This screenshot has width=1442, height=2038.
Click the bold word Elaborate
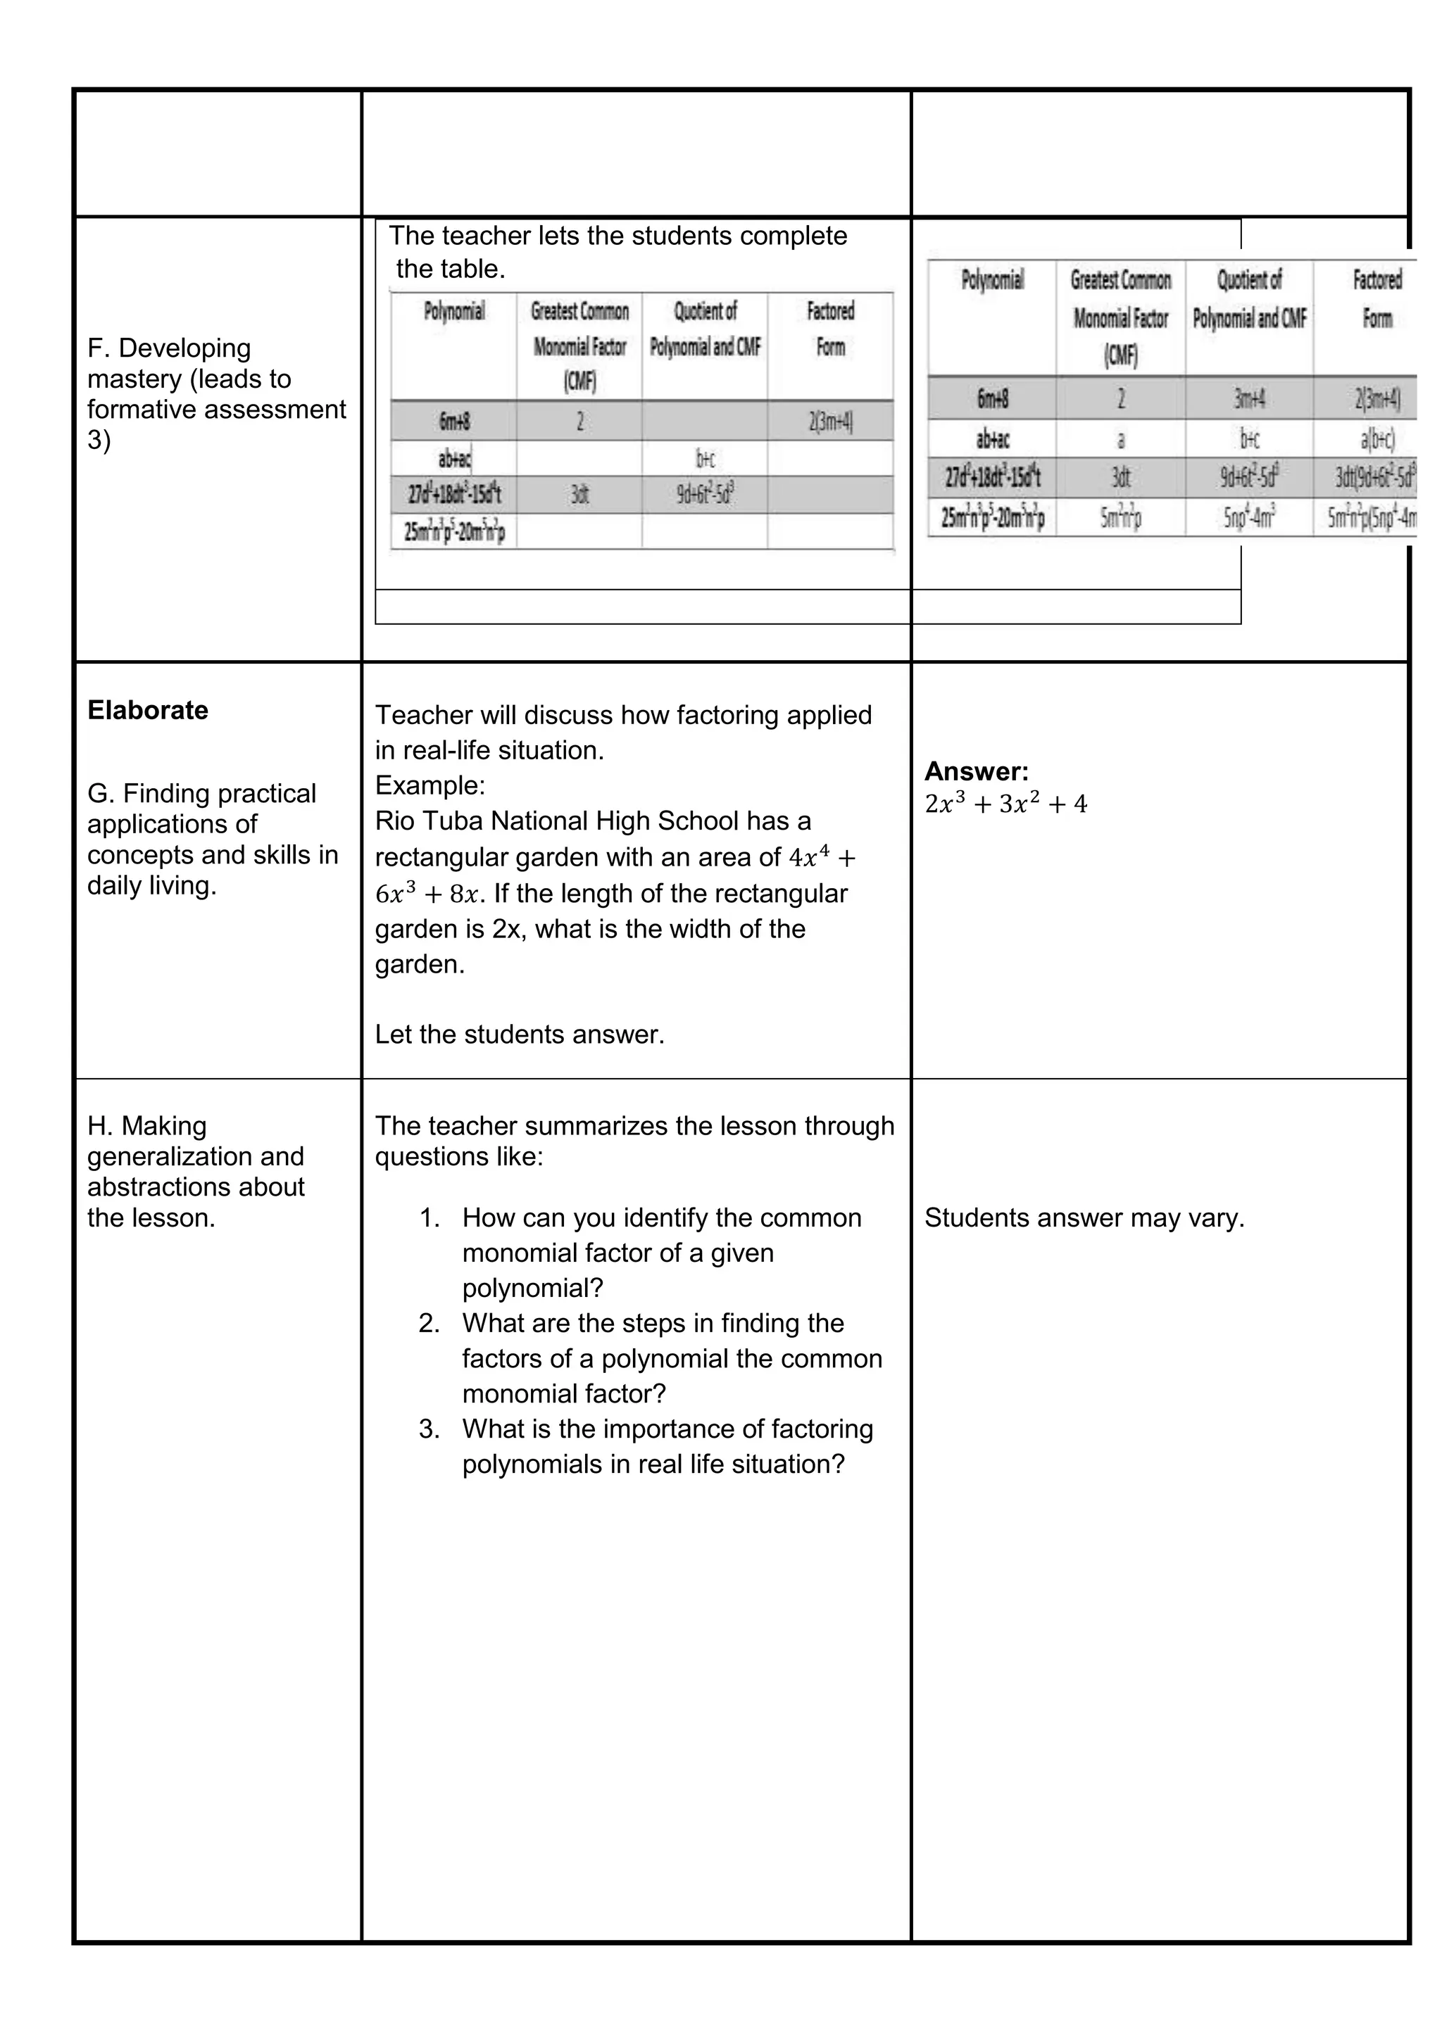[x=147, y=710]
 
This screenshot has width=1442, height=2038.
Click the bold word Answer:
[x=976, y=771]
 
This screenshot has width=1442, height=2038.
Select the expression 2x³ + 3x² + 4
[x=1005, y=804]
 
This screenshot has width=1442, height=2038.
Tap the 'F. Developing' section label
[x=169, y=348]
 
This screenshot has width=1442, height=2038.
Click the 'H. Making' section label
[x=146, y=1125]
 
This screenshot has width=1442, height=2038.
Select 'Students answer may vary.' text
[x=1084, y=1218]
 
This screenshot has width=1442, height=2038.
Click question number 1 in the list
[x=430, y=1218]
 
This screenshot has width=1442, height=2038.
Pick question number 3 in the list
[x=430, y=1429]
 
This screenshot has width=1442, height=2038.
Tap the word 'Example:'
[x=430, y=785]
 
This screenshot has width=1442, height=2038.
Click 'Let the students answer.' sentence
[x=520, y=1034]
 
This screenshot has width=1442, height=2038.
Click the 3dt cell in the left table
[x=579, y=495]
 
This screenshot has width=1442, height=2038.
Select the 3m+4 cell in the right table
[x=1248, y=398]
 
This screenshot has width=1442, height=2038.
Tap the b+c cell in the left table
[x=705, y=458]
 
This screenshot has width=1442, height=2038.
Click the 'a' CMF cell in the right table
[x=1120, y=438]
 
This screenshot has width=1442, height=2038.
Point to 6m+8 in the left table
[x=453, y=421]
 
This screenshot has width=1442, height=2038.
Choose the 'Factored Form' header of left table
[x=830, y=329]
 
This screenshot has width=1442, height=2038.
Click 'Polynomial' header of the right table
[x=992, y=281]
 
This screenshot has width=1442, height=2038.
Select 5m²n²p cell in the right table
[x=1120, y=517]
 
